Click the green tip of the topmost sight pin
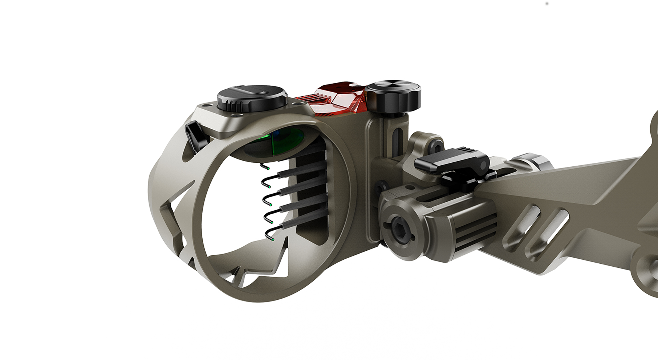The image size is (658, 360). pos(268,169)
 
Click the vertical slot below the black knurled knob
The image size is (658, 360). pos(397,138)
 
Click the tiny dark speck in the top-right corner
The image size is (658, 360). pos(547,4)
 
